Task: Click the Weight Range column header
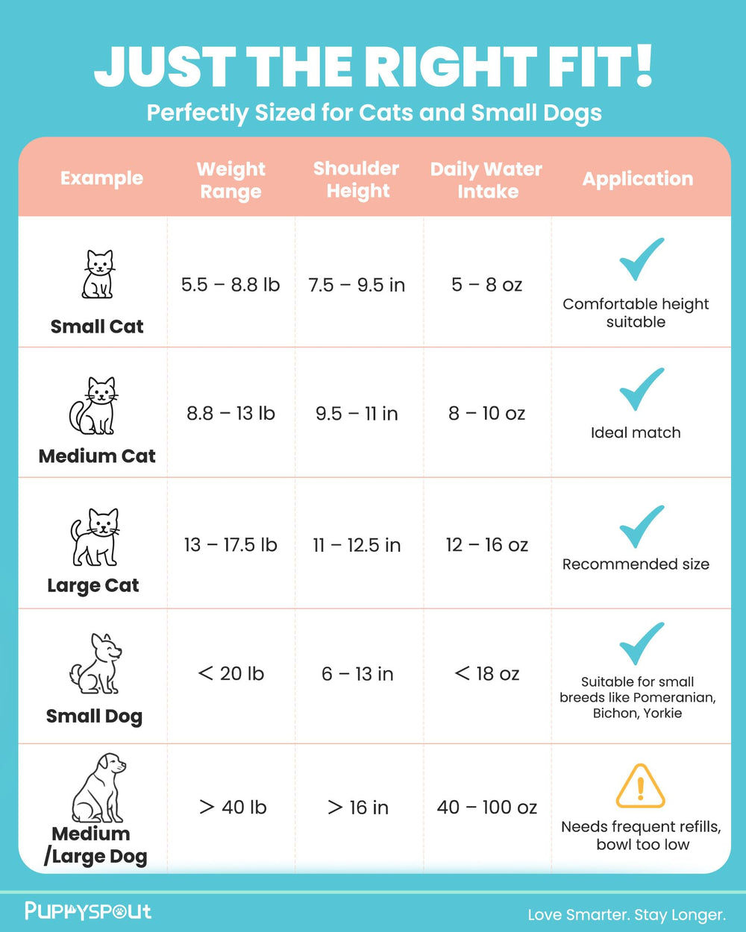pos(231,180)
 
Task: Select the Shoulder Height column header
pos(357,179)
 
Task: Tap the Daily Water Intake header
pos(486,180)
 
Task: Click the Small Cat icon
pos(98,274)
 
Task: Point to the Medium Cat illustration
pos(94,406)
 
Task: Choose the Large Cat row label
pos(93,585)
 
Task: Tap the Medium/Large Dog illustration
pos(98,787)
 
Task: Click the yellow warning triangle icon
pos(640,786)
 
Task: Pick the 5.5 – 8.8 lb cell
pos(231,285)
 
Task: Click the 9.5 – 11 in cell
pos(357,414)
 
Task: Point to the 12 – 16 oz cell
pos(487,545)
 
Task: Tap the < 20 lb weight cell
pos(231,674)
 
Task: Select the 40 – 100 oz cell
pos(487,807)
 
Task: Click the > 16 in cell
pos(358,807)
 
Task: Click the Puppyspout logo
pos(88,911)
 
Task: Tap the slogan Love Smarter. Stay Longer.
pos(627,915)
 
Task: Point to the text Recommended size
pos(636,564)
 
